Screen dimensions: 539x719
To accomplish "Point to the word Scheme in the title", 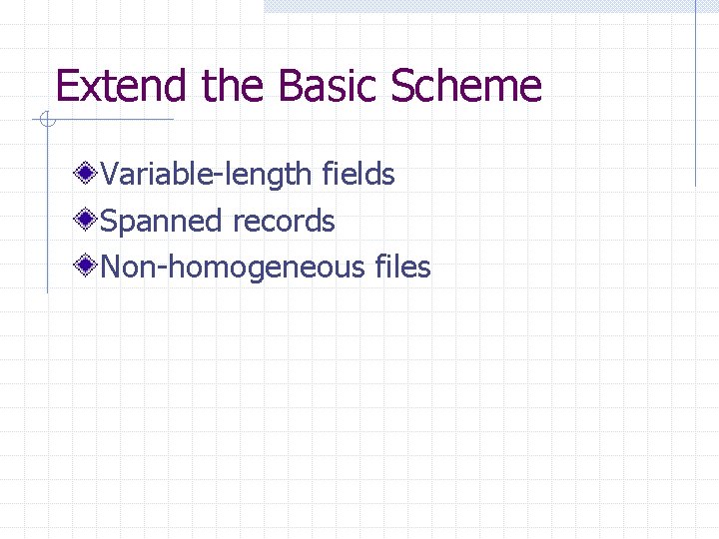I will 465,86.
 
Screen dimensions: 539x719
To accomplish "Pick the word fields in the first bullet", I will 359,175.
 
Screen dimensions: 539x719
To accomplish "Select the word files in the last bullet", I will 402,268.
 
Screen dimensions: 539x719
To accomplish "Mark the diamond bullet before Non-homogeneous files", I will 88,267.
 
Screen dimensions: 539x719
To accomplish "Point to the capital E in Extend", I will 67,86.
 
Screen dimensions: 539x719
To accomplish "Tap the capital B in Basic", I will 291,86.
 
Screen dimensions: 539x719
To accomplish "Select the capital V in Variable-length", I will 110,175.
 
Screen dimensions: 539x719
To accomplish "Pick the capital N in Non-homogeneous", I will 112,268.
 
